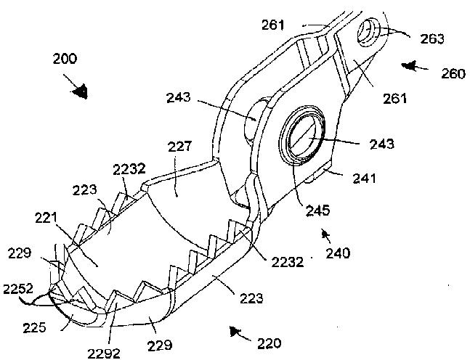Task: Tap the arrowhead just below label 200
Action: coord(82,91)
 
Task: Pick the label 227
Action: coord(179,147)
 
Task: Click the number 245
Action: coord(317,211)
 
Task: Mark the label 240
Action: coord(337,253)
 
